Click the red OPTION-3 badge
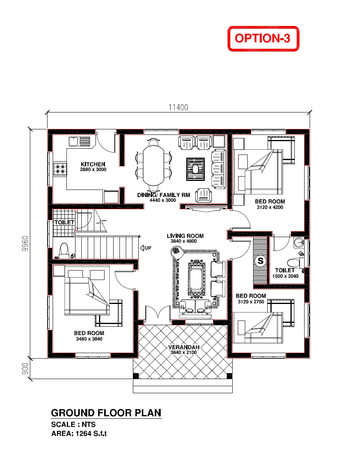click(x=263, y=39)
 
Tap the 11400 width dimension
click(x=178, y=107)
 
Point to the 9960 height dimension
click(x=26, y=243)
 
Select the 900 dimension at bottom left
click(x=26, y=369)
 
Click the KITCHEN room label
click(x=93, y=164)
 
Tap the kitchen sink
click(x=79, y=142)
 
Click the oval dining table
click(x=153, y=166)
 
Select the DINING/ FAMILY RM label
click(x=163, y=195)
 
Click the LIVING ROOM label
click(x=185, y=236)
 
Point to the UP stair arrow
click(x=145, y=248)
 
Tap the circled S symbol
click(x=260, y=261)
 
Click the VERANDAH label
click(x=184, y=347)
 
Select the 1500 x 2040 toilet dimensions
click(x=285, y=276)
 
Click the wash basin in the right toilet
click(x=299, y=243)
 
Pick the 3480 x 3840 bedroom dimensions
click(x=89, y=339)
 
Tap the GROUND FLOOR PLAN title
click(x=106, y=413)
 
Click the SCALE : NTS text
click(x=73, y=424)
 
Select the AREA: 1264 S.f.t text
click(x=79, y=433)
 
